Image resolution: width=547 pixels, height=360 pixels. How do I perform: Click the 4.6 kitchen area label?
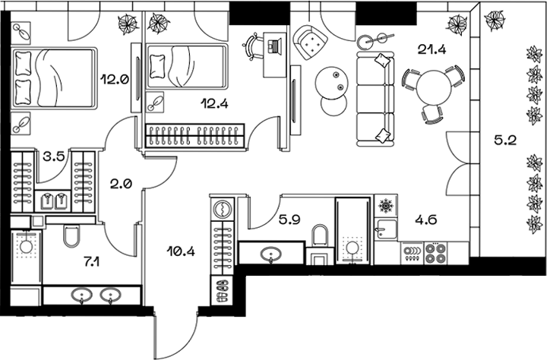coord(426,222)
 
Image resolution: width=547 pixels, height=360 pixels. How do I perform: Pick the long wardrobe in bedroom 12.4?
coord(195,135)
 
